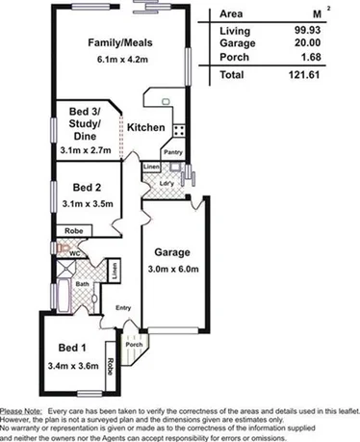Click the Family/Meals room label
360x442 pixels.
pos(119,42)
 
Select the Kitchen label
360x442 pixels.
pos(145,128)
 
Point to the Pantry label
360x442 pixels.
pos(173,152)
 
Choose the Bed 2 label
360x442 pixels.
pos(88,188)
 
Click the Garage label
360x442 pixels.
pos(171,252)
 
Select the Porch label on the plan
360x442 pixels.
pos(135,344)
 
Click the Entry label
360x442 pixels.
pos(123,308)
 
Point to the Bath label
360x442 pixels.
pos(83,284)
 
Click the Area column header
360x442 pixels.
pos(231,15)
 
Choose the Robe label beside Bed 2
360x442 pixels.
pos(73,231)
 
